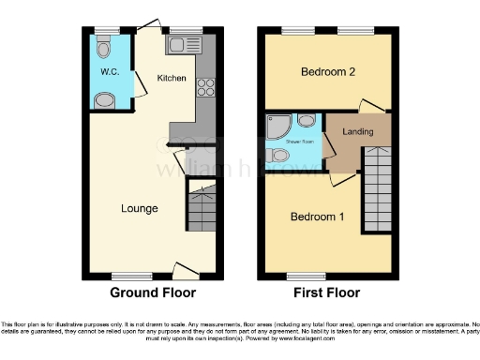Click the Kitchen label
pyautogui.click(x=170, y=77)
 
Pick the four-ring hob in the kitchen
pyautogui.click(x=204, y=87)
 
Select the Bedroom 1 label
pyautogui.click(x=317, y=217)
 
